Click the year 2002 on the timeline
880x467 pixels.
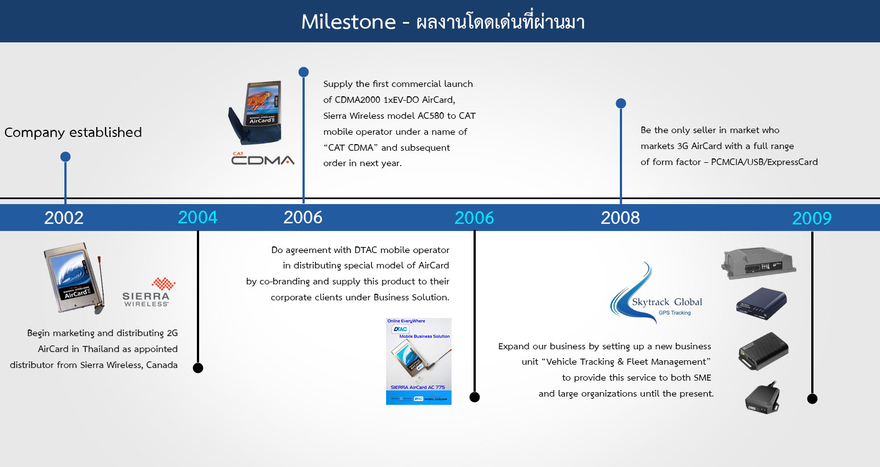click(64, 218)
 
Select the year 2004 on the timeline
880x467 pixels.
click(197, 218)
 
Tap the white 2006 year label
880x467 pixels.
click(303, 218)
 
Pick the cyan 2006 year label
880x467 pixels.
click(474, 218)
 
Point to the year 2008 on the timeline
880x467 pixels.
click(620, 218)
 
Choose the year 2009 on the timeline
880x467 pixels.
click(812, 218)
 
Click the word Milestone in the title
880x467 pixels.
click(349, 21)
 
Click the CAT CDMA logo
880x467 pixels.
click(262, 158)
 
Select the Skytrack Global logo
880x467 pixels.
click(655, 293)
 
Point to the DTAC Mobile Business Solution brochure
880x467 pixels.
click(419, 361)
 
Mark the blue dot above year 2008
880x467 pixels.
click(621, 103)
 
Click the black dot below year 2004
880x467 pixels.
click(198, 368)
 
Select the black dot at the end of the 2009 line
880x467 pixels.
click(812, 399)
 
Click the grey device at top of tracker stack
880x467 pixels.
click(758, 263)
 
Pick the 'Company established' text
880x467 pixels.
click(73, 133)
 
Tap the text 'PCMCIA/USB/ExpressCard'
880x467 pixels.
click(765, 162)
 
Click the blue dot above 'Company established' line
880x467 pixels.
click(65, 157)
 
